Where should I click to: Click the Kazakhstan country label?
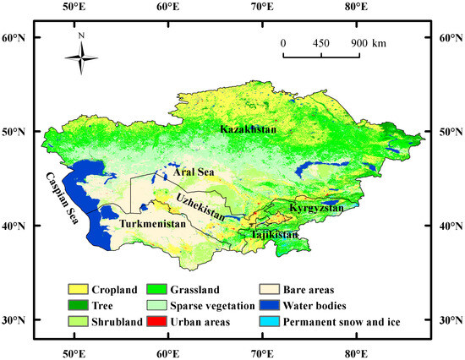[x=252, y=129]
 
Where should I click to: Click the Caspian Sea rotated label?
[x=64, y=199]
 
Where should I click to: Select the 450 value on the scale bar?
[x=321, y=42]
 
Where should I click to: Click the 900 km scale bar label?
[x=369, y=42]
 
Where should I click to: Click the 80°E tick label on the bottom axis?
[x=357, y=352]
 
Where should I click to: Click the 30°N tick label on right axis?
[x=448, y=321]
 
